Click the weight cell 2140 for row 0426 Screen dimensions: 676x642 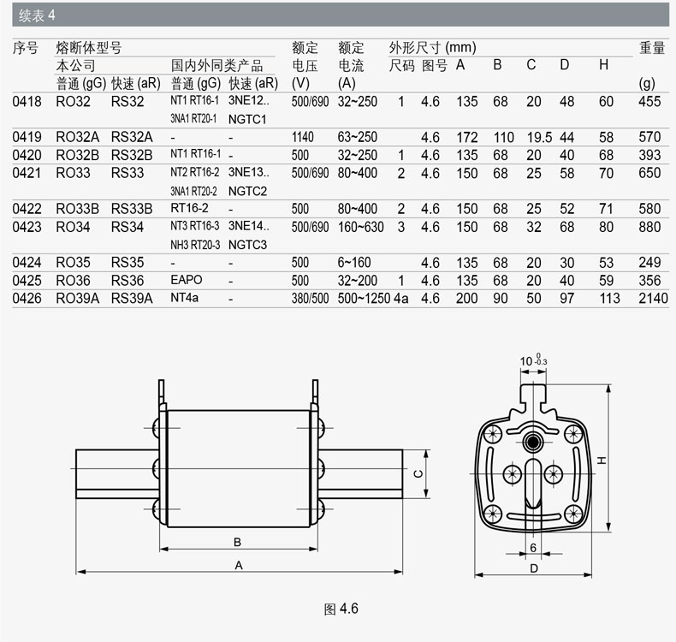653,299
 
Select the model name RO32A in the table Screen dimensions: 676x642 77,137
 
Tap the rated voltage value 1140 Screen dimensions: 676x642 302,137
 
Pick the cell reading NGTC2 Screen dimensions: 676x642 247,191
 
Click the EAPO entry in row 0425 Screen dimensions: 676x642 187,280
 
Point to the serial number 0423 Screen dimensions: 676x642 27,227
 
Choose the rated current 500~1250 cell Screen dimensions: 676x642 364,299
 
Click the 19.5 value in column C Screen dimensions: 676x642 539,137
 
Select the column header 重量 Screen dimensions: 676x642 652,47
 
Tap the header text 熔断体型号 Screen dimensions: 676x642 89,47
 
